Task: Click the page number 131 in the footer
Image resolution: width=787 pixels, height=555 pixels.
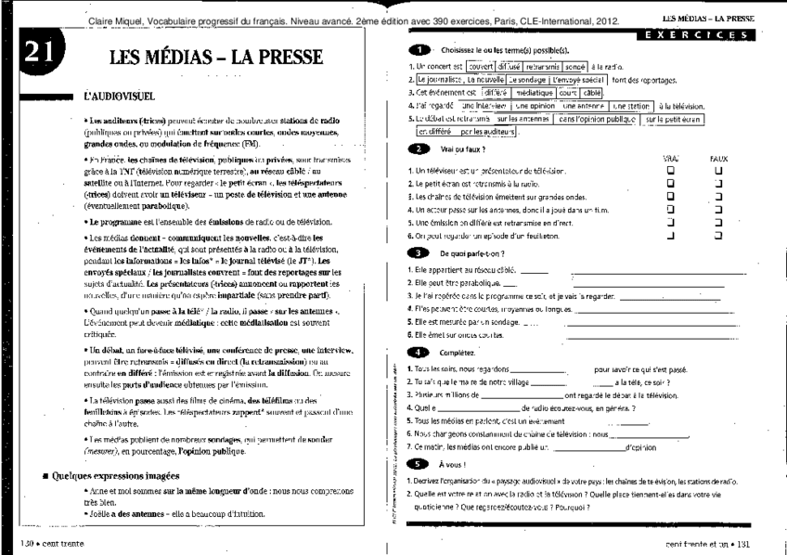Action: point(742,542)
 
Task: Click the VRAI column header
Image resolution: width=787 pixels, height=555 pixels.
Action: point(671,160)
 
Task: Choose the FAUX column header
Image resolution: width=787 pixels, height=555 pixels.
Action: point(716,160)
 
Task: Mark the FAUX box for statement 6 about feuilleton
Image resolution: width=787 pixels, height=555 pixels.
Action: point(716,236)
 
